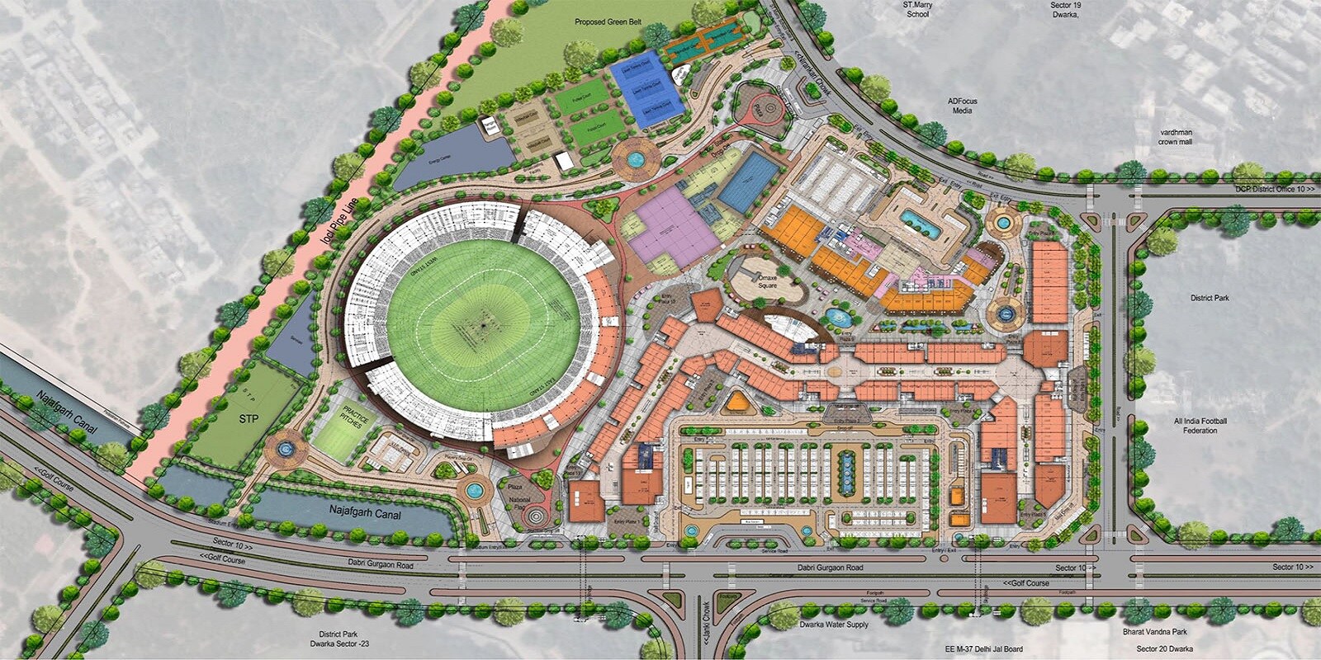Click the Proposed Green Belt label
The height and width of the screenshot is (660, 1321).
click(608, 22)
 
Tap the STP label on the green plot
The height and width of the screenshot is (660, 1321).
click(249, 418)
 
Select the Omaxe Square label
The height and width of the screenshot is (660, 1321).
click(767, 281)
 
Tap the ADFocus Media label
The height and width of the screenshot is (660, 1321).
click(962, 106)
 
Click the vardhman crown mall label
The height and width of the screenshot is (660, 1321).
click(1176, 137)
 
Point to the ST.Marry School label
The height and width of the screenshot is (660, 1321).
click(917, 9)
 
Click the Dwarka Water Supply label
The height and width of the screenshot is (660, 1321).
click(834, 625)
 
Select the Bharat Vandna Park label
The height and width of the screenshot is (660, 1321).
click(1154, 632)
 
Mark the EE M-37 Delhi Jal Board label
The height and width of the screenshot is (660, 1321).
click(984, 649)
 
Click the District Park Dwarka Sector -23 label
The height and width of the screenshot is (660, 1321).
click(339, 639)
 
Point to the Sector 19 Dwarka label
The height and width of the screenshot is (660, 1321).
click(1065, 9)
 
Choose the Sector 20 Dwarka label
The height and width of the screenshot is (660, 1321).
click(1164, 649)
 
